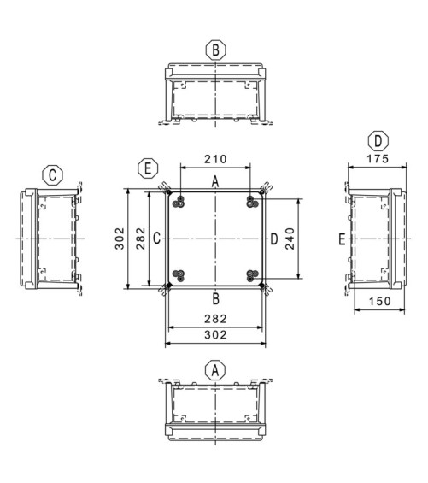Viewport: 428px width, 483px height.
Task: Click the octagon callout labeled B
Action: tap(215, 50)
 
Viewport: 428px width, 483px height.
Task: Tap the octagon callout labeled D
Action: tap(378, 141)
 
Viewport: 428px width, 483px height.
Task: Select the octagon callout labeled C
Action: tap(52, 175)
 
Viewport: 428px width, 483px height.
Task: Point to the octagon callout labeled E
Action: tap(148, 168)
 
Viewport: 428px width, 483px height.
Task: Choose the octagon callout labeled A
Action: tap(215, 369)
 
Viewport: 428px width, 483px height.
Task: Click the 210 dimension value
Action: tap(215, 159)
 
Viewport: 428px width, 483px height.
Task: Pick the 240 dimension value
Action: tap(290, 239)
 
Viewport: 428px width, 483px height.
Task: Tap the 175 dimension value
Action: tap(378, 159)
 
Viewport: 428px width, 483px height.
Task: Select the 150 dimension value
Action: tap(379, 301)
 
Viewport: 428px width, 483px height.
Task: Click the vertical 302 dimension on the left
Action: tap(120, 239)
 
